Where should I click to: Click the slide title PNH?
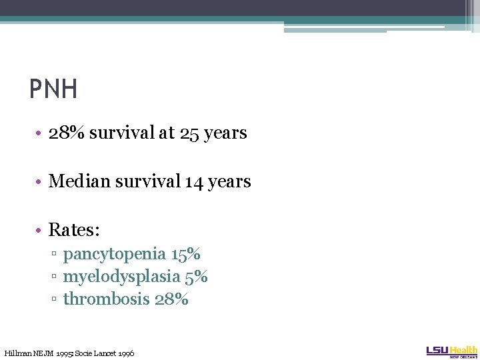coord(53,89)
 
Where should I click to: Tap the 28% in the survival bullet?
coord(67,133)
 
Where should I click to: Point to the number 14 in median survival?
coord(195,181)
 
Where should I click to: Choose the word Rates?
coord(74,230)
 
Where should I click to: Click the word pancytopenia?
coord(114,254)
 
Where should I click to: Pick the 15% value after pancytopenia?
coord(186,254)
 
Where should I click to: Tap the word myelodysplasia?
coord(121,277)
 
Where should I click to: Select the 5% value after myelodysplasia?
coord(196,277)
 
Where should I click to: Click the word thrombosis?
coord(106,299)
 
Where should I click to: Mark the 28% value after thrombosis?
coord(171,299)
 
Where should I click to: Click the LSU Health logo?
coord(452,351)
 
